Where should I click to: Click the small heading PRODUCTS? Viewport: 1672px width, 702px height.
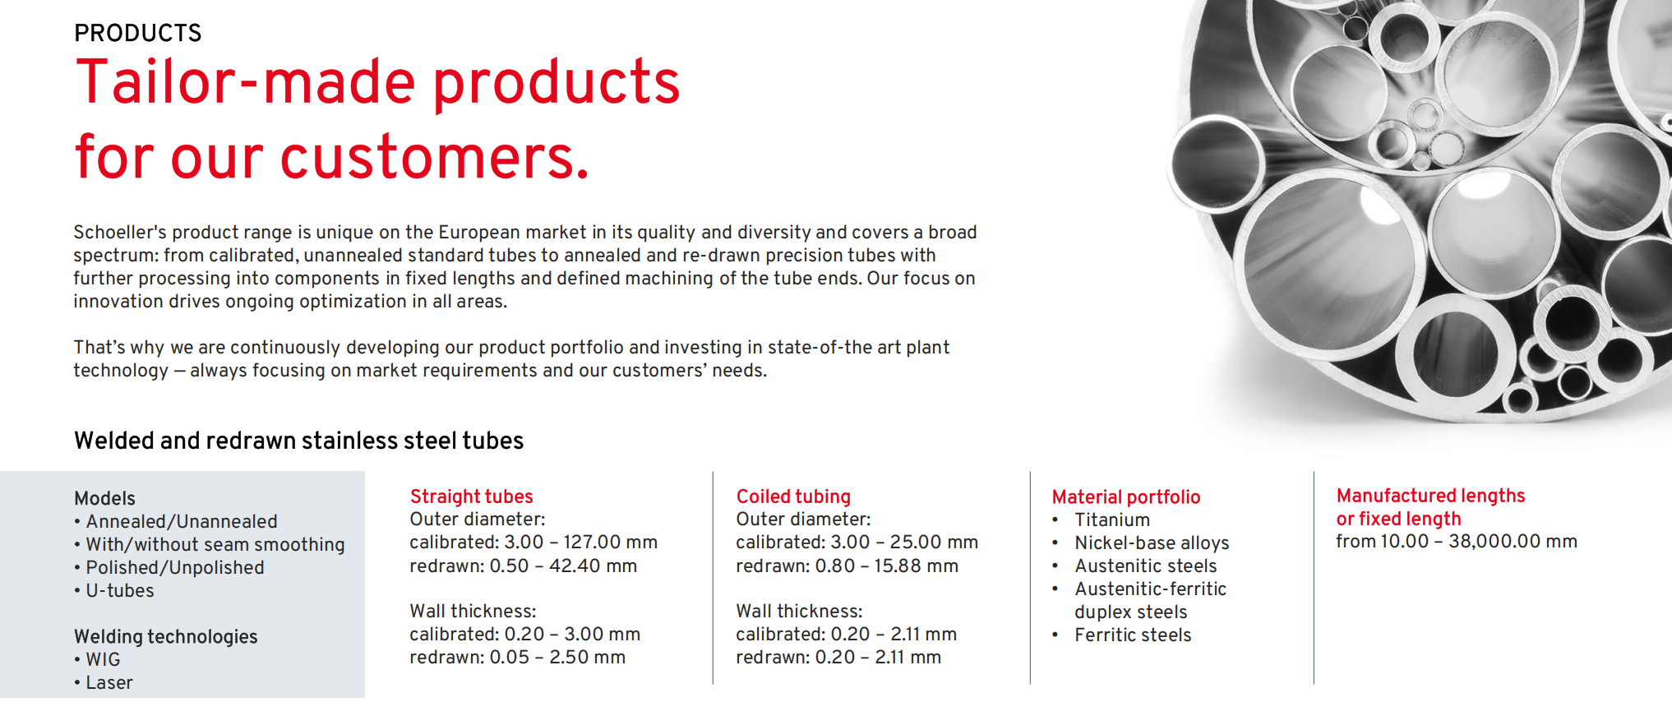pos(137,33)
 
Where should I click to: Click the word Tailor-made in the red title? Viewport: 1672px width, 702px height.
pos(246,82)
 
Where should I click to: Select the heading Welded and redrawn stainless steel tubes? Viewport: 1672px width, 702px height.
pos(298,441)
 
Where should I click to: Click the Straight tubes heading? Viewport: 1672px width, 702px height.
pos(471,496)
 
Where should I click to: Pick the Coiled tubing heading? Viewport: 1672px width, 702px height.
pos(793,496)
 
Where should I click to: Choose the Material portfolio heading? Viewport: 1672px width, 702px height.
pos(1126,497)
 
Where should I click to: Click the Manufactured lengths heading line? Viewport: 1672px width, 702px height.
pos(1430,496)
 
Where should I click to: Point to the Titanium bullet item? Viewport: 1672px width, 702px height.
pos(1112,520)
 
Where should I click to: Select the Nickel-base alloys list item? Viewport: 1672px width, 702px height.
pos(1152,543)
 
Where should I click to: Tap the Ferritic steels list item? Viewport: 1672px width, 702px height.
pos(1133,635)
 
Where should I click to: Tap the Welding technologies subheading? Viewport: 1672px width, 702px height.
pos(166,637)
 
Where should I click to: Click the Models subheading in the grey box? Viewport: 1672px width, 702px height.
pos(104,498)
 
